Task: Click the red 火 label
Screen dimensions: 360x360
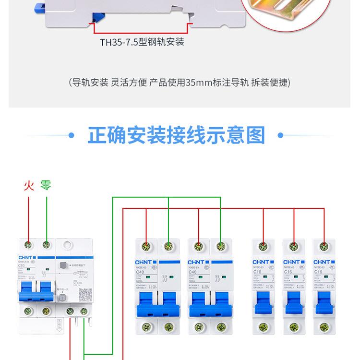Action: [x=29, y=185]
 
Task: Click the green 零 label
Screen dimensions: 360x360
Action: [x=46, y=185]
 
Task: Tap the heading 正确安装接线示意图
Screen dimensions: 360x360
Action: [x=176, y=135]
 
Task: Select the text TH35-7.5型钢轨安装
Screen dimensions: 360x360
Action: [x=142, y=42]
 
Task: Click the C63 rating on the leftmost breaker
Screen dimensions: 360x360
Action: [x=22, y=264]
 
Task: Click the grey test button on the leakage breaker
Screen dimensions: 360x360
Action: [x=62, y=264]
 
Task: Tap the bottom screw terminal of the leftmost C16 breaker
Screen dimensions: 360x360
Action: [x=263, y=327]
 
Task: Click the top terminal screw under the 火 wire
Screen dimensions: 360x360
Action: [x=29, y=245]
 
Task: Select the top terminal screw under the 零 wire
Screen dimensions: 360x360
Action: [x=47, y=245]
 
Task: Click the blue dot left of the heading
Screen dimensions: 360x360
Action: [x=72, y=136]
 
